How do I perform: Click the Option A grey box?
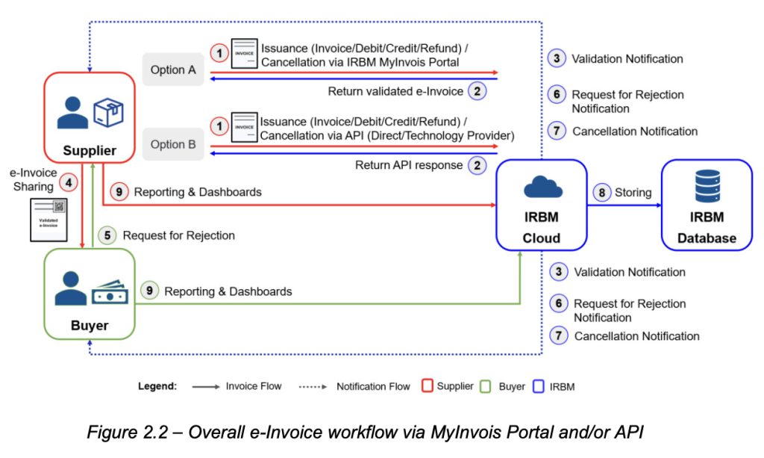click(173, 69)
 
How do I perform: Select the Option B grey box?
click(173, 144)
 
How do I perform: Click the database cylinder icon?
click(707, 187)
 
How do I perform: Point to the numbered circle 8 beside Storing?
click(601, 193)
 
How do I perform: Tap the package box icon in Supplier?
click(109, 113)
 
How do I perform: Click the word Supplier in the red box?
click(90, 150)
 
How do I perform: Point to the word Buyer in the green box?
click(90, 326)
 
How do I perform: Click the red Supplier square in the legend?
click(428, 386)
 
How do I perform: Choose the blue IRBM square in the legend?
click(539, 386)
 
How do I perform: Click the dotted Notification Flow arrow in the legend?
click(313, 386)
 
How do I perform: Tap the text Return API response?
click(409, 165)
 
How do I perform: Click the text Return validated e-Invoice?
click(395, 91)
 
